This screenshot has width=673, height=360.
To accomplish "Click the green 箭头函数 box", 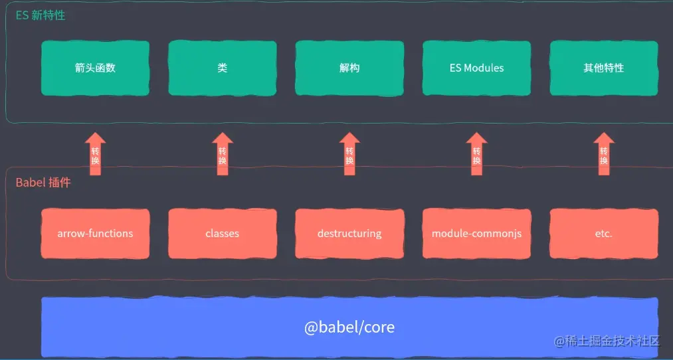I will pos(95,68).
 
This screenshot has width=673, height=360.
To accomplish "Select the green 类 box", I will pos(222,68).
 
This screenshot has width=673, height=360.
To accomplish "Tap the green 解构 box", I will pos(349,68).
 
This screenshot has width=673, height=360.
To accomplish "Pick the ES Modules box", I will pos(476,68).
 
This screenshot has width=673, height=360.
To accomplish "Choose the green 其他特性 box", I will pos(603,68).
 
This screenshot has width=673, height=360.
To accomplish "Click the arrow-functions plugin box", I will pos(95,233).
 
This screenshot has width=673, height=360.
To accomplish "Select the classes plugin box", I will pos(222,233).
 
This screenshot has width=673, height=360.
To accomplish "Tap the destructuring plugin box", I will pos(349,233).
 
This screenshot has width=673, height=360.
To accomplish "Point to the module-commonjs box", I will pos(476,233).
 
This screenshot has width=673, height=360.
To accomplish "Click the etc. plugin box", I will pos(603,233).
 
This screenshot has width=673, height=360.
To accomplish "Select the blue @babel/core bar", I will pos(349,327).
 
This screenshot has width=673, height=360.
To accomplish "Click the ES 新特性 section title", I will pos(41,15).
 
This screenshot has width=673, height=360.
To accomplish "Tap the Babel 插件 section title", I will pos(43,182).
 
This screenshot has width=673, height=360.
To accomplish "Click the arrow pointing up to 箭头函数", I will pos(95,154).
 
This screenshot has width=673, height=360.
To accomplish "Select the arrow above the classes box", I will pos(222,154).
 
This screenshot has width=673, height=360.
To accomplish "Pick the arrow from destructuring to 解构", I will pos(349,154).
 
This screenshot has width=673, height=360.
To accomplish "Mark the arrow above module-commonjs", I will pos(476,154).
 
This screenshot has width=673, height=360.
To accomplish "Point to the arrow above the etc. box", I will pos(603,154).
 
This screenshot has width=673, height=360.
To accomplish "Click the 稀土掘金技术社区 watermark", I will pos(607,341).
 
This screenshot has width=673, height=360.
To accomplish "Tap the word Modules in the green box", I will pos(484,68).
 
